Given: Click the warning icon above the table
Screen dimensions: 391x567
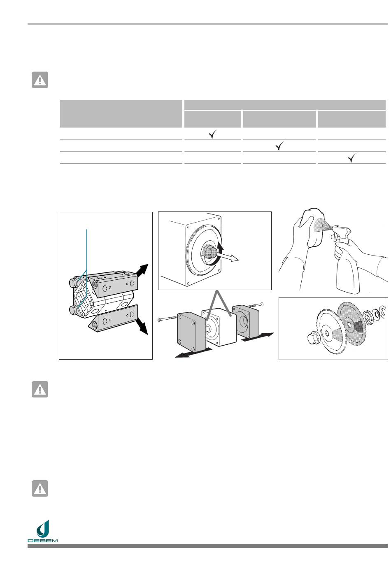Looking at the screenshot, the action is [x=40, y=80].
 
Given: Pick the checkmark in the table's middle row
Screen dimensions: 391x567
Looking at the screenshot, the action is [x=279, y=146].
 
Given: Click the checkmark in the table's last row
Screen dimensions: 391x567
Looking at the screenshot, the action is [x=352, y=158].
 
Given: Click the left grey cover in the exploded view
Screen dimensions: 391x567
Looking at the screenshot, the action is [x=191, y=332].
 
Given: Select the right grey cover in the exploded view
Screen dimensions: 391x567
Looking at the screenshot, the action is [x=245, y=321].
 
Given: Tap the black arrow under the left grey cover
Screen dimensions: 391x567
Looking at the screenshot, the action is [x=193, y=353].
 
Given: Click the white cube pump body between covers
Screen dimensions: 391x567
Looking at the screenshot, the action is [x=219, y=327].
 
